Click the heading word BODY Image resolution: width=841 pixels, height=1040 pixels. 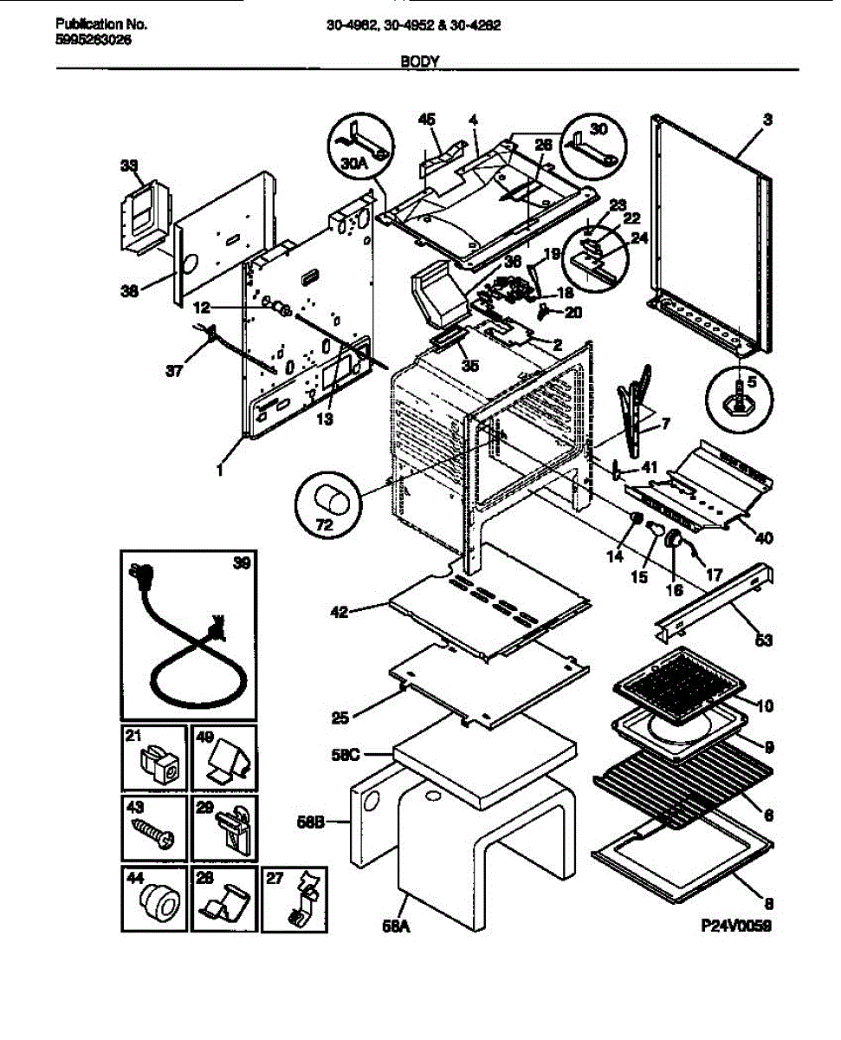click(420, 62)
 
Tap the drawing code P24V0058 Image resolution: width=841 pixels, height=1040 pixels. click(734, 926)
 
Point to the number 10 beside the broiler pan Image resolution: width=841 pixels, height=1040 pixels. click(765, 706)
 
